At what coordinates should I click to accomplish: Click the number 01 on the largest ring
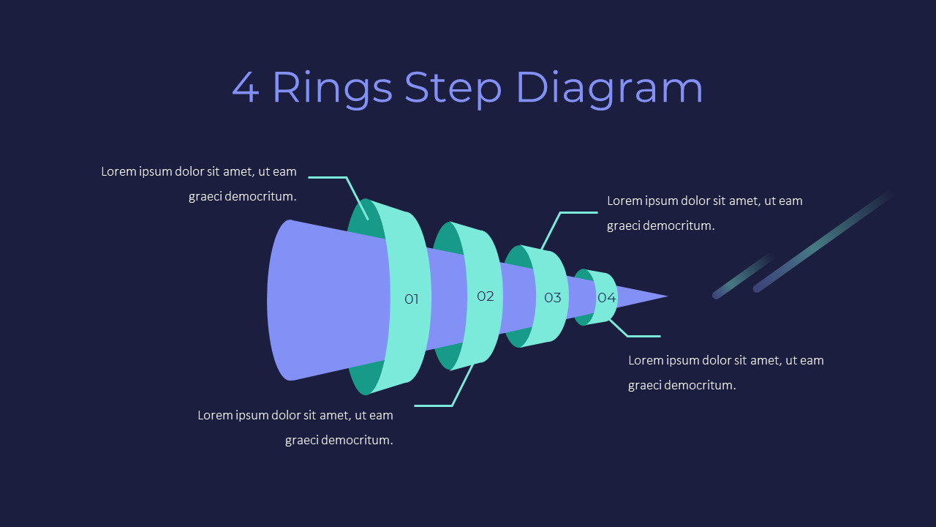412,299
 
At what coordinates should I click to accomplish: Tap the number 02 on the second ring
486,296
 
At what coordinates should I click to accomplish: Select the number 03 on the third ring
552,297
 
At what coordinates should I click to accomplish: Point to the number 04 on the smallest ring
606,297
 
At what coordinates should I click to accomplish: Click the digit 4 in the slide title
246,88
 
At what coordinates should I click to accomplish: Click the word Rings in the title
332,88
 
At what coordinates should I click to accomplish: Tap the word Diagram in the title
609,88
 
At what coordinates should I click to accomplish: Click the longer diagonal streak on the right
823,242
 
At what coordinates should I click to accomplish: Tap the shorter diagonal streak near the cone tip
742,276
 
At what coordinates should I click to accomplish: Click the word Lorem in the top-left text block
119,171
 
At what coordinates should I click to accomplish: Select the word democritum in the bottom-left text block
358,440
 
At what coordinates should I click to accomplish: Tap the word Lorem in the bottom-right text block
646,360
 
